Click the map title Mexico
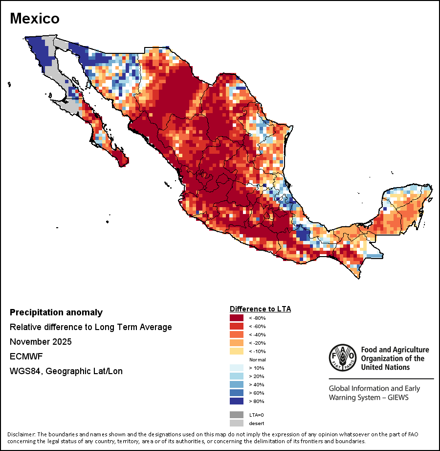(x=35, y=19)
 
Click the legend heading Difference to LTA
(x=261, y=309)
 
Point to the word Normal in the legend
(x=258, y=360)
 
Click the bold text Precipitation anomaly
(x=56, y=312)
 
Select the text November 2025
(x=41, y=342)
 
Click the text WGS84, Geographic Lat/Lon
(x=66, y=371)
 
